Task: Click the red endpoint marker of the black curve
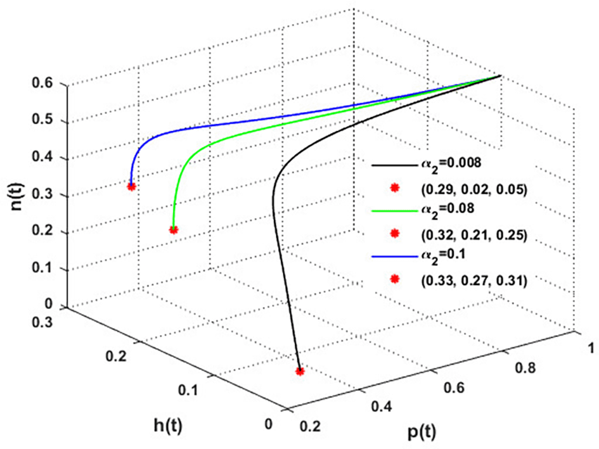point(300,372)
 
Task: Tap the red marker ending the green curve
point(174,230)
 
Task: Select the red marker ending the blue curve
point(131,186)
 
